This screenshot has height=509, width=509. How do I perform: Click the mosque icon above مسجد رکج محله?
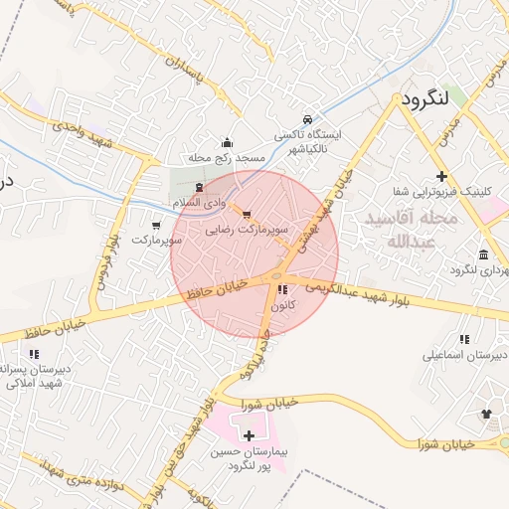tap(228, 142)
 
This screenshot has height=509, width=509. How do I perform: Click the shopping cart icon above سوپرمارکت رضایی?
tap(246, 214)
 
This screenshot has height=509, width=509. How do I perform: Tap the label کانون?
tap(281, 307)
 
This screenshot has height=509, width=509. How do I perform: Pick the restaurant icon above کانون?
tap(283, 290)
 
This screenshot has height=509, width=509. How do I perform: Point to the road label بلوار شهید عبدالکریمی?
tap(378, 294)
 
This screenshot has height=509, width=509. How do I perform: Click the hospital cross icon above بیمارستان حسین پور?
tap(248, 435)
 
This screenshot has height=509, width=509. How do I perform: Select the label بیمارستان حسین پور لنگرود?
tap(249, 457)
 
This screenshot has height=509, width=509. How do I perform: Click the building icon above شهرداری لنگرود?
tap(483, 254)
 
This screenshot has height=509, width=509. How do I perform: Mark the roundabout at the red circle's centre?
tap(275, 275)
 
